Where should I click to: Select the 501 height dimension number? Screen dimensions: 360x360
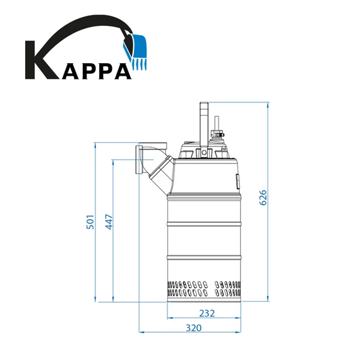pyautogui.click(x=90, y=222)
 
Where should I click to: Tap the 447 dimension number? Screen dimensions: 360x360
pyautogui.click(x=109, y=222)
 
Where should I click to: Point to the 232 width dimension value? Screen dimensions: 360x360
pyautogui.click(x=207, y=314)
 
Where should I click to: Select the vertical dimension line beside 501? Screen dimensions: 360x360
pyautogui.click(x=95, y=222)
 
